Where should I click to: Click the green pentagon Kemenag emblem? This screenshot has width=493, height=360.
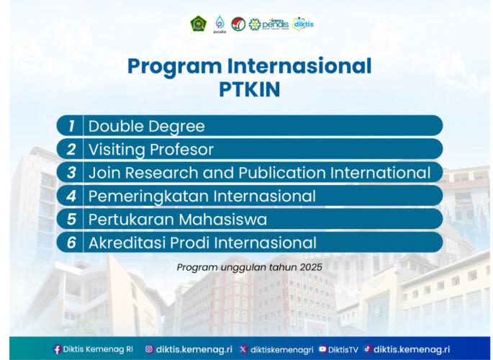click(197, 24)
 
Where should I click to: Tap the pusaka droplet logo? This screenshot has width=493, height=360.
click(220, 24)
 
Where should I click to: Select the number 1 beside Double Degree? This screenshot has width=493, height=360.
click(71, 126)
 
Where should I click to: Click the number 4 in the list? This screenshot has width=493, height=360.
click(71, 196)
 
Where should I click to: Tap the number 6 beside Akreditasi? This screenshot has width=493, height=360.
click(71, 243)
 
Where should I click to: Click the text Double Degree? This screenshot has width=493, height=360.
click(146, 126)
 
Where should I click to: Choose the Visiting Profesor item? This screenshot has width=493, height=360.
click(150, 150)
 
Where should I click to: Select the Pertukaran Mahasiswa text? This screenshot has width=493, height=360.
click(177, 220)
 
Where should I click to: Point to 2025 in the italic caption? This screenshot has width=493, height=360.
click(310, 267)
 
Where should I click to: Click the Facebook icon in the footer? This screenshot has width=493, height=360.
click(57, 349)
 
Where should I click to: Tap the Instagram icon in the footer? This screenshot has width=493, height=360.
click(149, 349)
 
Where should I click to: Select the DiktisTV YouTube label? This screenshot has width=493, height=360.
click(343, 349)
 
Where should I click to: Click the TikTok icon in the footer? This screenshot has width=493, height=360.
click(368, 349)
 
